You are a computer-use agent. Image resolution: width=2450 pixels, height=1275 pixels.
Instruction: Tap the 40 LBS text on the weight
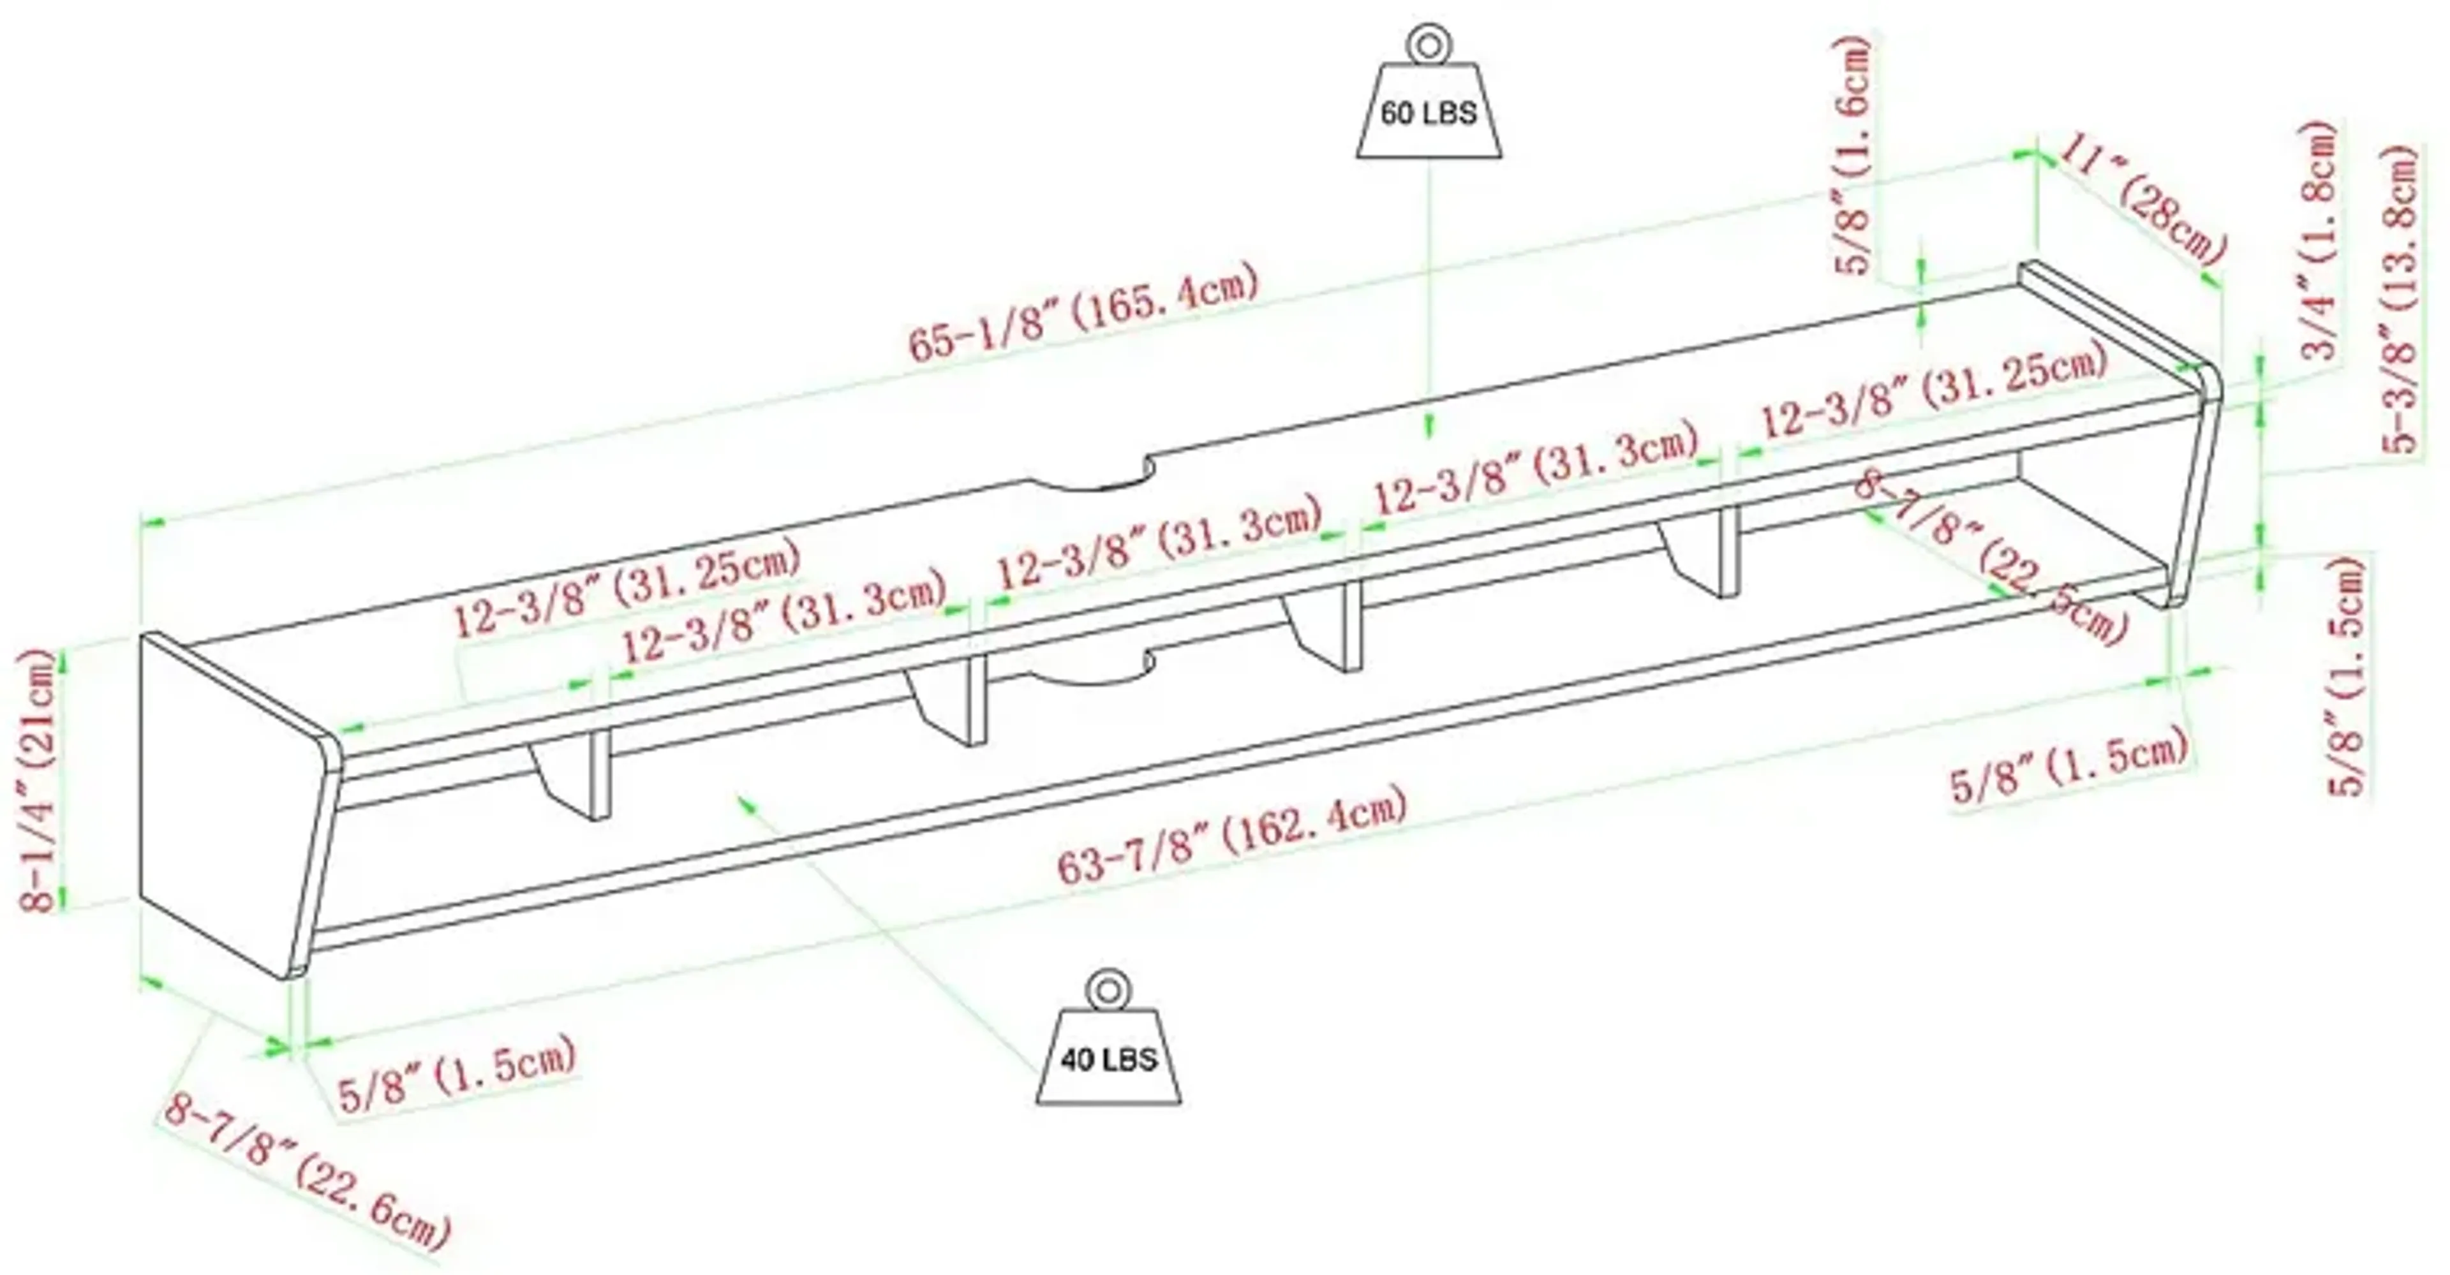1109,1059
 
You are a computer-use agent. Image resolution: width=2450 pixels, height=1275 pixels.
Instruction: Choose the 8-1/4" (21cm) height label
39,779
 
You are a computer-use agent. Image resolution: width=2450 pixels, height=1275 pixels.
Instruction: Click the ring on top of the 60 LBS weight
1428,46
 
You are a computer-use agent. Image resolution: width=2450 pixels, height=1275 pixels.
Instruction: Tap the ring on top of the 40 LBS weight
1108,991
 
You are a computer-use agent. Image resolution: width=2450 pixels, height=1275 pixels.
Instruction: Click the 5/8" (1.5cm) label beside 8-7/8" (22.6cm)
457,1073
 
